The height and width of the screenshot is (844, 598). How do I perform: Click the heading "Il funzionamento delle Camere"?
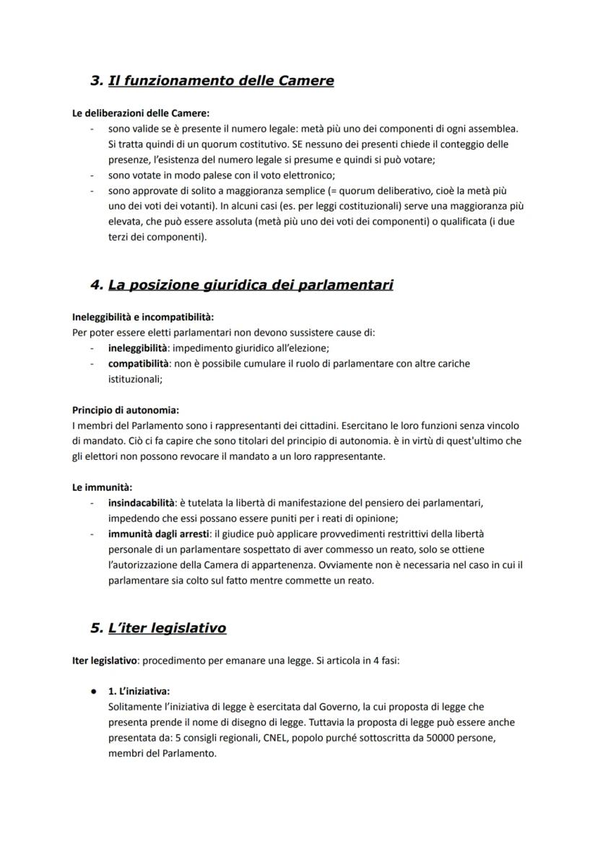(x=220, y=81)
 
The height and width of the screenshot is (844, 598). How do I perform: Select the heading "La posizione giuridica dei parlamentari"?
(x=250, y=285)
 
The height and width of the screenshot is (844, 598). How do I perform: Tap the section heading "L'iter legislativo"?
(x=167, y=628)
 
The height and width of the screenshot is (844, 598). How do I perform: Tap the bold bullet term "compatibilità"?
(x=138, y=363)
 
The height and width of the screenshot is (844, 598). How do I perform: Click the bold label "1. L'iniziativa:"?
(x=139, y=691)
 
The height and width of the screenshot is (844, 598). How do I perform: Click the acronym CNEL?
(x=285, y=738)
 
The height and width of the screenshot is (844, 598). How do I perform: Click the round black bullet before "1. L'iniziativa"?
(x=94, y=691)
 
